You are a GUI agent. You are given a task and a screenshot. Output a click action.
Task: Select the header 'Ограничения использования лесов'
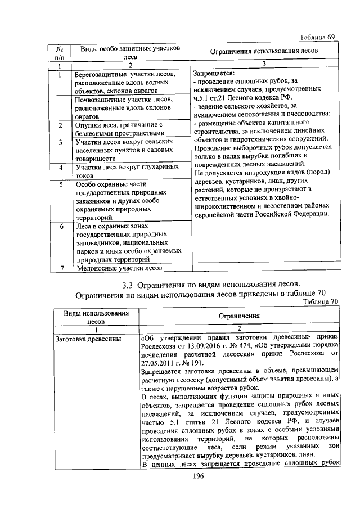(x=264, y=52)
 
